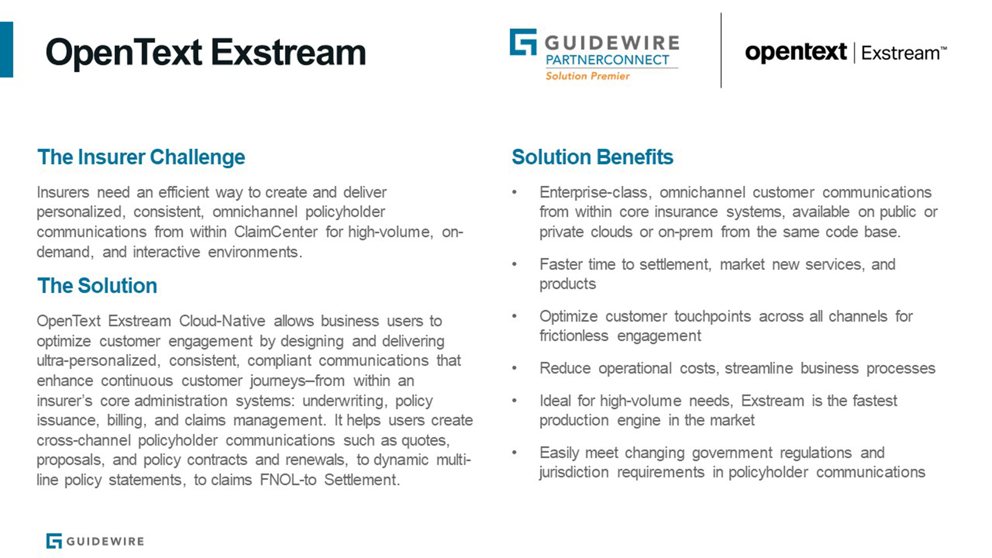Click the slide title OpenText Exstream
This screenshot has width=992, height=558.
coord(206,53)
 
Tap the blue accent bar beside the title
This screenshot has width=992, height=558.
coord(6,50)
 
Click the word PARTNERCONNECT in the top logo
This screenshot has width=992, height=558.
coord(608,60)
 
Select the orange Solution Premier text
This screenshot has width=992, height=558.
coord(587,76)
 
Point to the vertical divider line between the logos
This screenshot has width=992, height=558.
coord(721,50)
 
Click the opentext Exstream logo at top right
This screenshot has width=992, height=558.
coord(846,53)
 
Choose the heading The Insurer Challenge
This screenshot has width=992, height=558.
coord(141,157)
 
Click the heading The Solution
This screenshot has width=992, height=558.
coord(97,286)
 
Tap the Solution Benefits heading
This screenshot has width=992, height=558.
coord(592,157)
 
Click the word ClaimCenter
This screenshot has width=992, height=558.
coord(276,232)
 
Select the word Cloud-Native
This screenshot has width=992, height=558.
coord(222,321)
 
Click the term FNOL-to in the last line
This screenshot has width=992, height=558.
coord(288,480)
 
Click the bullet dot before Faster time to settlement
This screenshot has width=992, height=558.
coord(514,265)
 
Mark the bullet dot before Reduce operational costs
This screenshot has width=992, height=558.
coord(514,368)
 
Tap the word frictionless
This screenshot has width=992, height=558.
coord(574,336)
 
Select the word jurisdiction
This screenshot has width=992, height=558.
coord(574,472)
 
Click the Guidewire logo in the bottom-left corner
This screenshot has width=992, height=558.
coord(95,541)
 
